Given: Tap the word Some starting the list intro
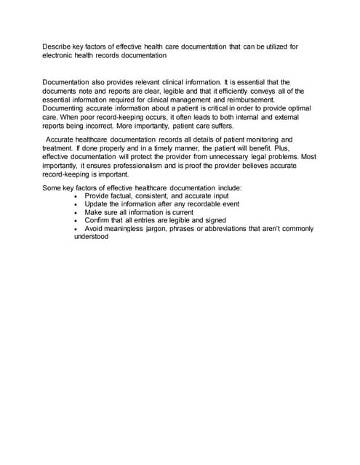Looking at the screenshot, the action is coord(52,188).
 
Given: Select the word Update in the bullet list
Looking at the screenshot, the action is coord(97,204).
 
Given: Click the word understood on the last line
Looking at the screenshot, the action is coord(91,236).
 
